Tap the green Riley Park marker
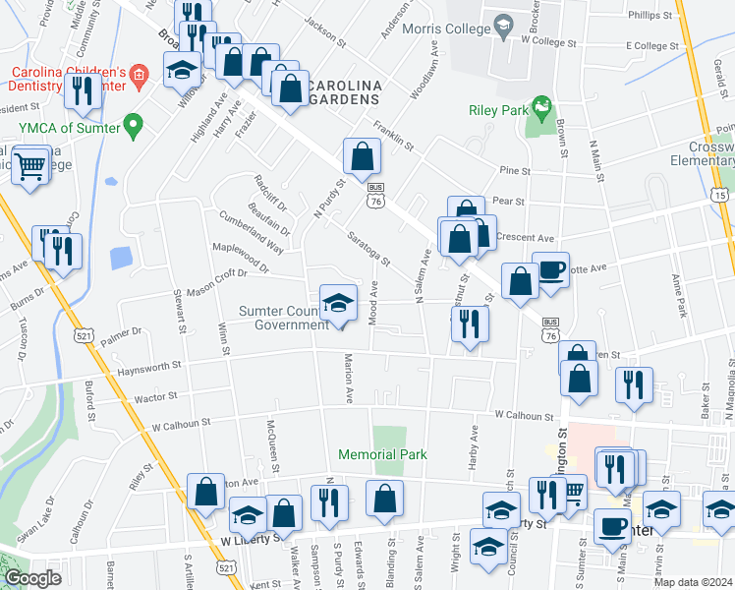pos(539,105)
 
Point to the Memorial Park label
pos(382,455)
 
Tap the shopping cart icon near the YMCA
pos(30,165)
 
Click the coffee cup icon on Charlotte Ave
pos(550,269)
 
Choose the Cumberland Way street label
pos(251,233)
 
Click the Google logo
pos(32,578)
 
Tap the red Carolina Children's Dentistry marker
pos(140,74)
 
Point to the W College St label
pos(548,42)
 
